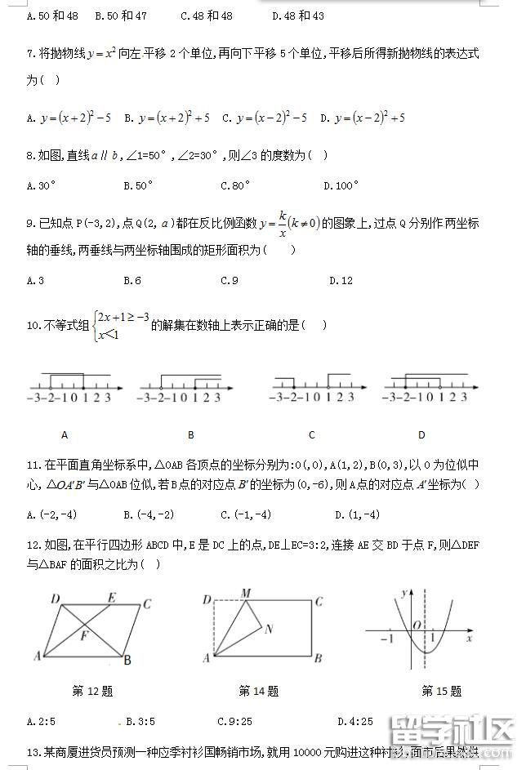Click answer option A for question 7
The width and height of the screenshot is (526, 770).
click(x=69, y=118)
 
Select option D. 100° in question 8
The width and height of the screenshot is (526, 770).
click(x=341, y=185)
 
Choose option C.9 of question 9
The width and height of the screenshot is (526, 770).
click(x=230, y=281)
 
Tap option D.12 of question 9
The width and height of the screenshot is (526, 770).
click(x=341, y=281)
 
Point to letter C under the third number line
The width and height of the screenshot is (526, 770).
click(x=312, y=435)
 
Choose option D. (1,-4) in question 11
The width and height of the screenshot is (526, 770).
click(x=357, y=514)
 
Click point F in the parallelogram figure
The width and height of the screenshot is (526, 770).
click(x=84, y=634)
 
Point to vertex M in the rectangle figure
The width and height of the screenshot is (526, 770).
click(x=246, y=593)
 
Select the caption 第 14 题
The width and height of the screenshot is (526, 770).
click(x=258, y=691)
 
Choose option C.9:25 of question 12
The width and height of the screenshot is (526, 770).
click(x=235, y=721)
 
